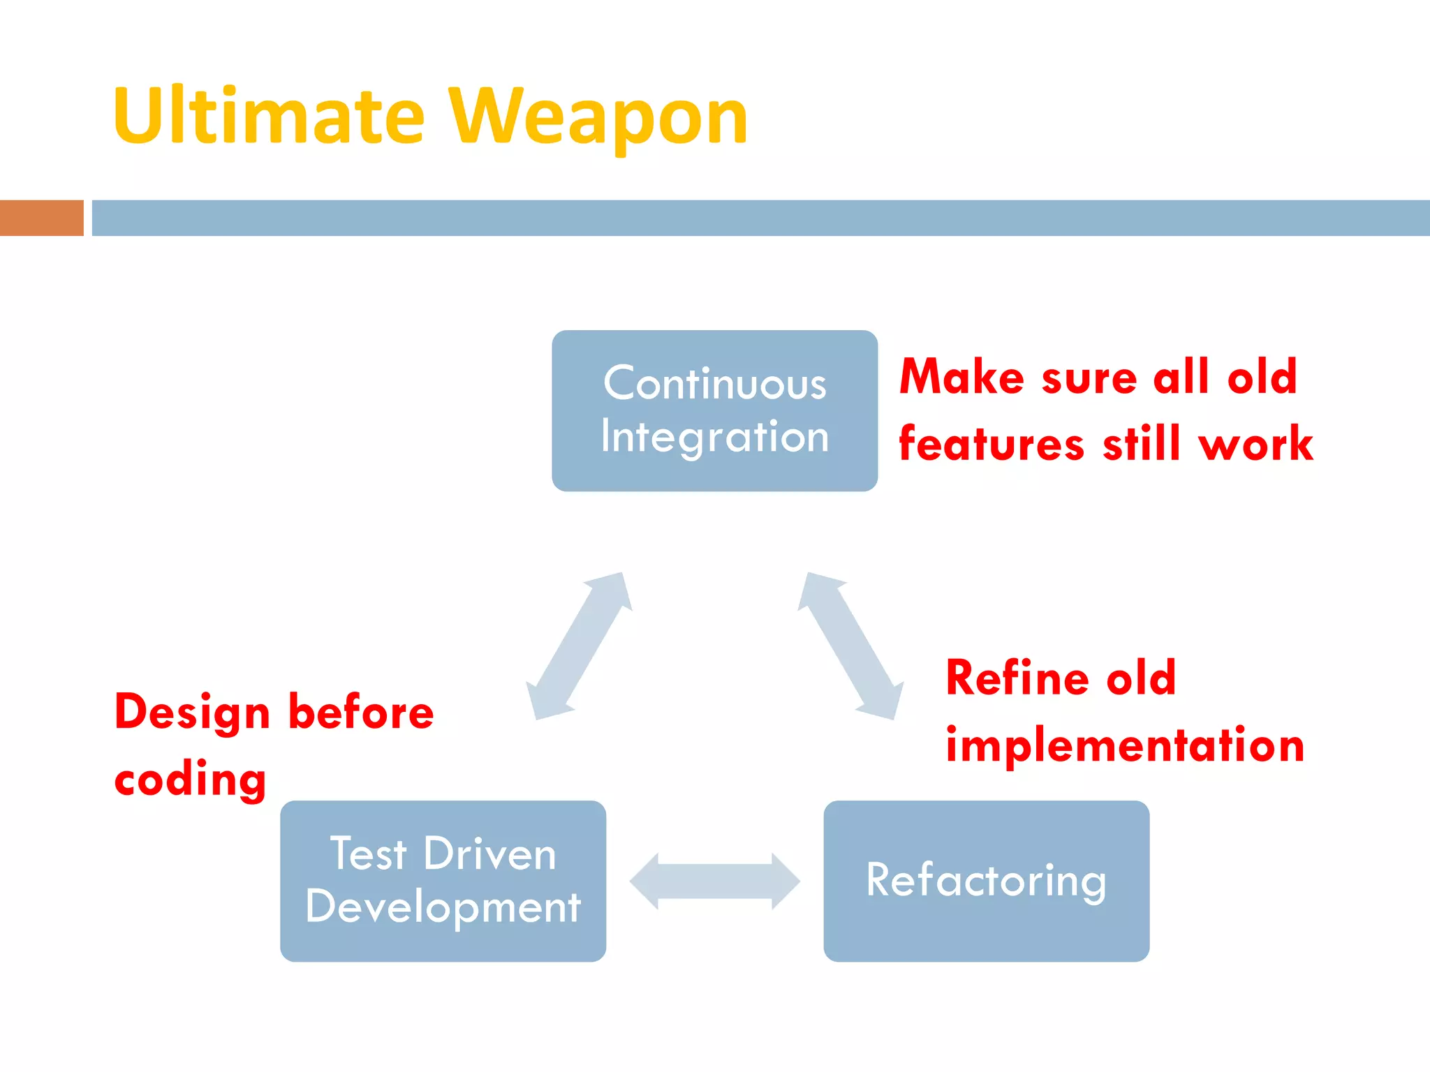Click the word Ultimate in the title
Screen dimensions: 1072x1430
click(269, 117)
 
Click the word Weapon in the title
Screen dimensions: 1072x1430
click(598, 117)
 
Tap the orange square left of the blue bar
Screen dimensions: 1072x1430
click(41, 218)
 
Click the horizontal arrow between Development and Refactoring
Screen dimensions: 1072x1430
click(714, 881)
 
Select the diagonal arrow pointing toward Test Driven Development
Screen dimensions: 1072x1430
click(579, 646)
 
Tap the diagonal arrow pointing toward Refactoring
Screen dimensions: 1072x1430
click(850, 646)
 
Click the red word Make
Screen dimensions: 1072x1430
click(962, 377)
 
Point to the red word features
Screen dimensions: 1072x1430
click(992, 444)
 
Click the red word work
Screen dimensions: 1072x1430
click(1255, 444)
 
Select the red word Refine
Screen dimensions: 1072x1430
click(1017, 678)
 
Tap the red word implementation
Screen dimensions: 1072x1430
click(1125, 745)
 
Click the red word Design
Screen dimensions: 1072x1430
click(192, 713)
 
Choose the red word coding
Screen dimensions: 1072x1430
click(190, 780)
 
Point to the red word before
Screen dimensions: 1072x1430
click(361, 713)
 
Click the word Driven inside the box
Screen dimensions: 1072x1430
click(489, 854)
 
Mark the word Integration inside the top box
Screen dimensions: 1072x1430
click(714, 438)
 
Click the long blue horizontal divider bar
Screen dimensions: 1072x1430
click(760, 218)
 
